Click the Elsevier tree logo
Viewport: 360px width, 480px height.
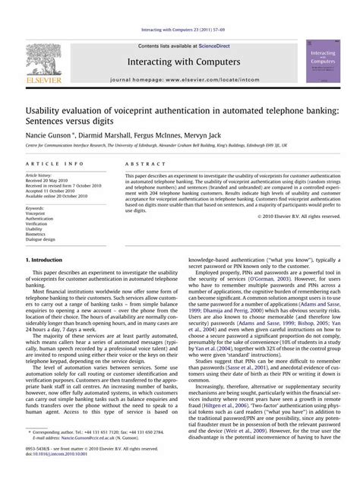(x=43, y=58)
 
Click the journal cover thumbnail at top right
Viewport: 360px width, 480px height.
(x=324, y=62)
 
